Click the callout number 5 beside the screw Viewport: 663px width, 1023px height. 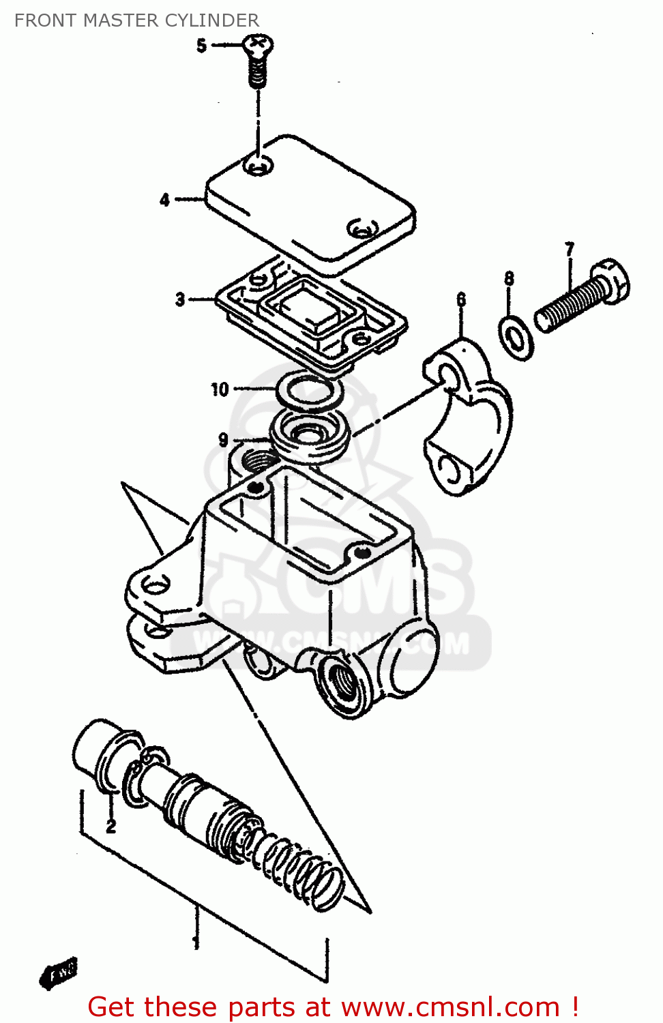coord(201,46)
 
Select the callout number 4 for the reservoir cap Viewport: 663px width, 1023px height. coord(164,200)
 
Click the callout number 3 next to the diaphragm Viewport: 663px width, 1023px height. coord(179,299)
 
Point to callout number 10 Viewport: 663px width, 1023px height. coord(219,389)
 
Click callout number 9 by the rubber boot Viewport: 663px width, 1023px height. coord(223,440)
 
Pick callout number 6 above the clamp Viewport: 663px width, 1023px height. coord(461,299)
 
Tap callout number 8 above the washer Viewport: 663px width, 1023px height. coord(509,278)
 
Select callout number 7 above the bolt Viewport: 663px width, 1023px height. coord(570,249)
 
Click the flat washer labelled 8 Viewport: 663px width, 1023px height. coord(516,338)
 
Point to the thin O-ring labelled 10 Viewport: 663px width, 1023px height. coord(309,393)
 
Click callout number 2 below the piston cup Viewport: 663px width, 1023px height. coord(110,826)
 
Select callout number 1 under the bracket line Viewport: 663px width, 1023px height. coord(196,943)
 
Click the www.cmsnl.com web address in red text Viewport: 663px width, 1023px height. coord(450,1007)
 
